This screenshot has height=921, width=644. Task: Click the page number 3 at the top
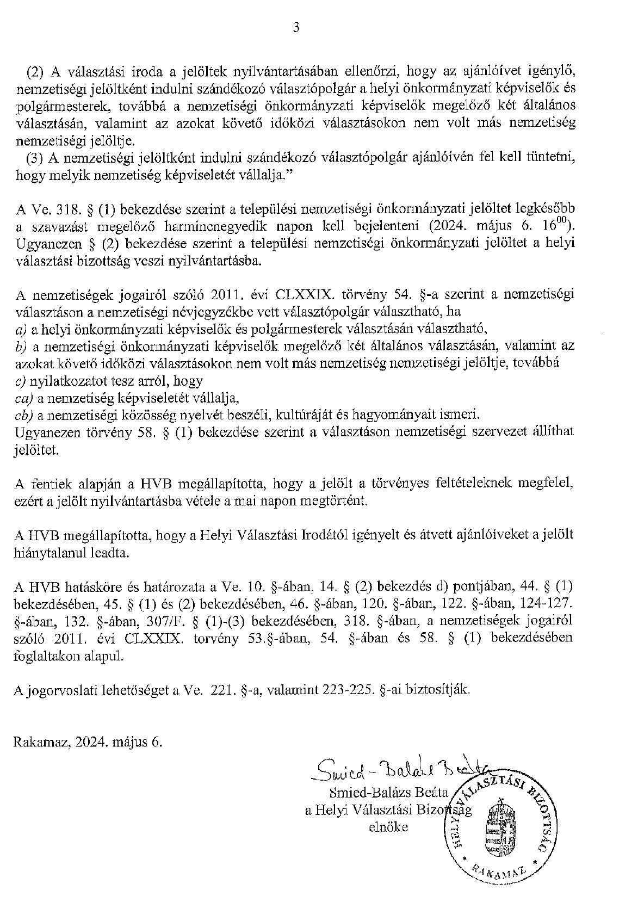point(296,28)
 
